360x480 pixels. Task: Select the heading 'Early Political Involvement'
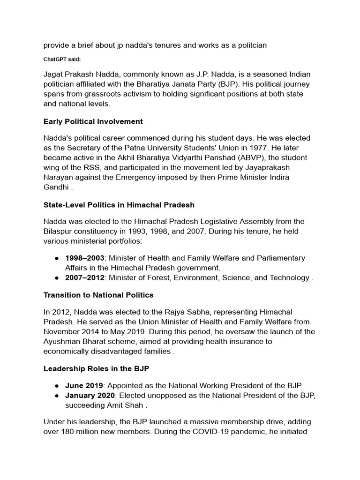(x=93, y=121)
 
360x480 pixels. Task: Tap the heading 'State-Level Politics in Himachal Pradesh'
(x=119, y=205)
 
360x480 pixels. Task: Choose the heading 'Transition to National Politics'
(x=98, y=295)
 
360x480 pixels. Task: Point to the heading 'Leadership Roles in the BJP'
(x=96, y=369)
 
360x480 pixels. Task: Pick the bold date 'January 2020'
(x=89, y=396)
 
